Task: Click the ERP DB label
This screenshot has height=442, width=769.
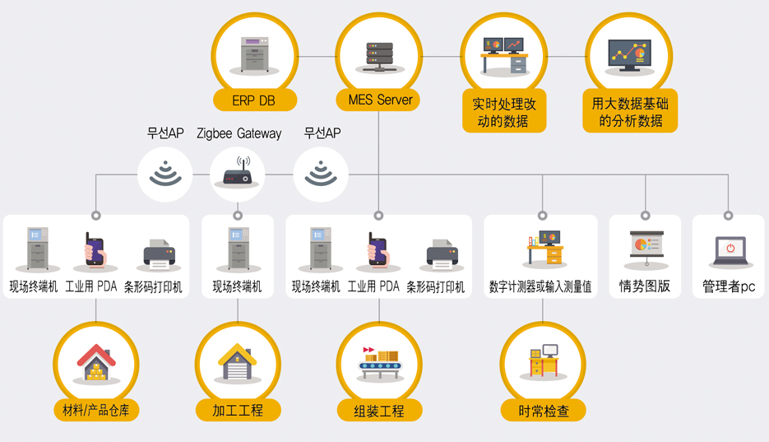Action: coord(253,100)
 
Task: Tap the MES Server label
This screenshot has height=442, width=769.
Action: coord(380,100)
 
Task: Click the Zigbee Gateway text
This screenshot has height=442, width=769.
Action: coord(239,133)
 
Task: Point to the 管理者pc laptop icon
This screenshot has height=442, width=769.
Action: coord(730,251)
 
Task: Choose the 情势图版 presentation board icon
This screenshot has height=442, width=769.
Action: coord(646,249)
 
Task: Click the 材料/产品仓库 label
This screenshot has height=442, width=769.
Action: coord(96,410)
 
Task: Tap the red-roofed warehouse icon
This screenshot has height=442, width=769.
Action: coord(96,362)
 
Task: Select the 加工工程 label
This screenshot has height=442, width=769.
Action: coord(238,410)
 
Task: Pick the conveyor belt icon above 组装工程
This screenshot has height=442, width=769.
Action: coord(379,363)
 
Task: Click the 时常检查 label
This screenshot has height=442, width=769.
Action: coord(544,411)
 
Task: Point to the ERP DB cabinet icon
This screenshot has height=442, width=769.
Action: coord(254,54)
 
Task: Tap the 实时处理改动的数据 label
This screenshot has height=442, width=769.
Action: coord(503,112)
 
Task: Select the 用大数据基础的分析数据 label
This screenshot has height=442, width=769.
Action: coord(630,112)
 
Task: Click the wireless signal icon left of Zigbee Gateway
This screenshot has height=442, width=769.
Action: coord(165,173)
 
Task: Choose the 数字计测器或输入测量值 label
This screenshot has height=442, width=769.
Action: coord(540,286)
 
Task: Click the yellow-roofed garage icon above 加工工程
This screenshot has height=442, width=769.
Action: coord(238,362)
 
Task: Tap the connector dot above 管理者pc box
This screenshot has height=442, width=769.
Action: coord(729,216)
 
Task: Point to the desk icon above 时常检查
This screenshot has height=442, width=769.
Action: coord(544,361)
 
